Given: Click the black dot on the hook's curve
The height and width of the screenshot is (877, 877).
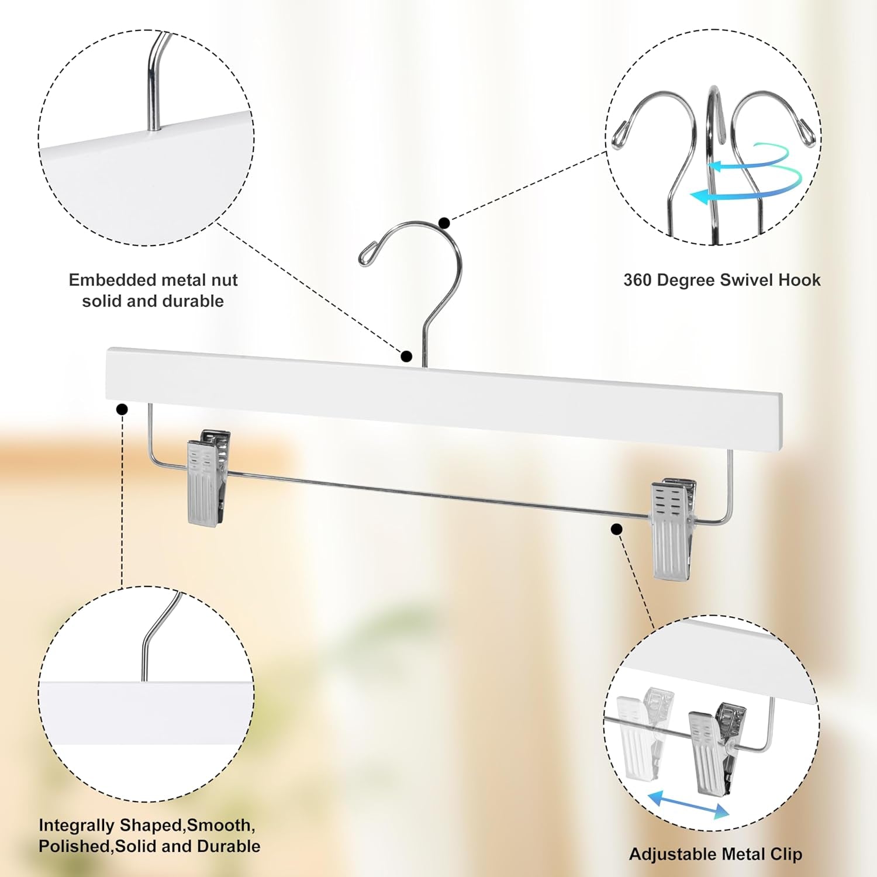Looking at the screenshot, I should (x=444, y=223).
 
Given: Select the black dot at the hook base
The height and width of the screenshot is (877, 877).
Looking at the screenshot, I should (x=407, y=356).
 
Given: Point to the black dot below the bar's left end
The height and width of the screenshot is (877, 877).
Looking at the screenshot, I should (x=122, y=409).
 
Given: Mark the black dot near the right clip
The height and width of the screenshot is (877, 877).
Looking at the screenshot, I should (x=616, y=529).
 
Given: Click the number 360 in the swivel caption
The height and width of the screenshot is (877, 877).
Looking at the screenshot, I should (x=637, y=280).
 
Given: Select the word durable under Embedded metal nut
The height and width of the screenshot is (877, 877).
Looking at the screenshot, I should (x=195, y=301).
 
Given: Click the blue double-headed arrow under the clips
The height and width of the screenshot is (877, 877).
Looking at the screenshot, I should (x=689, y=806).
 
